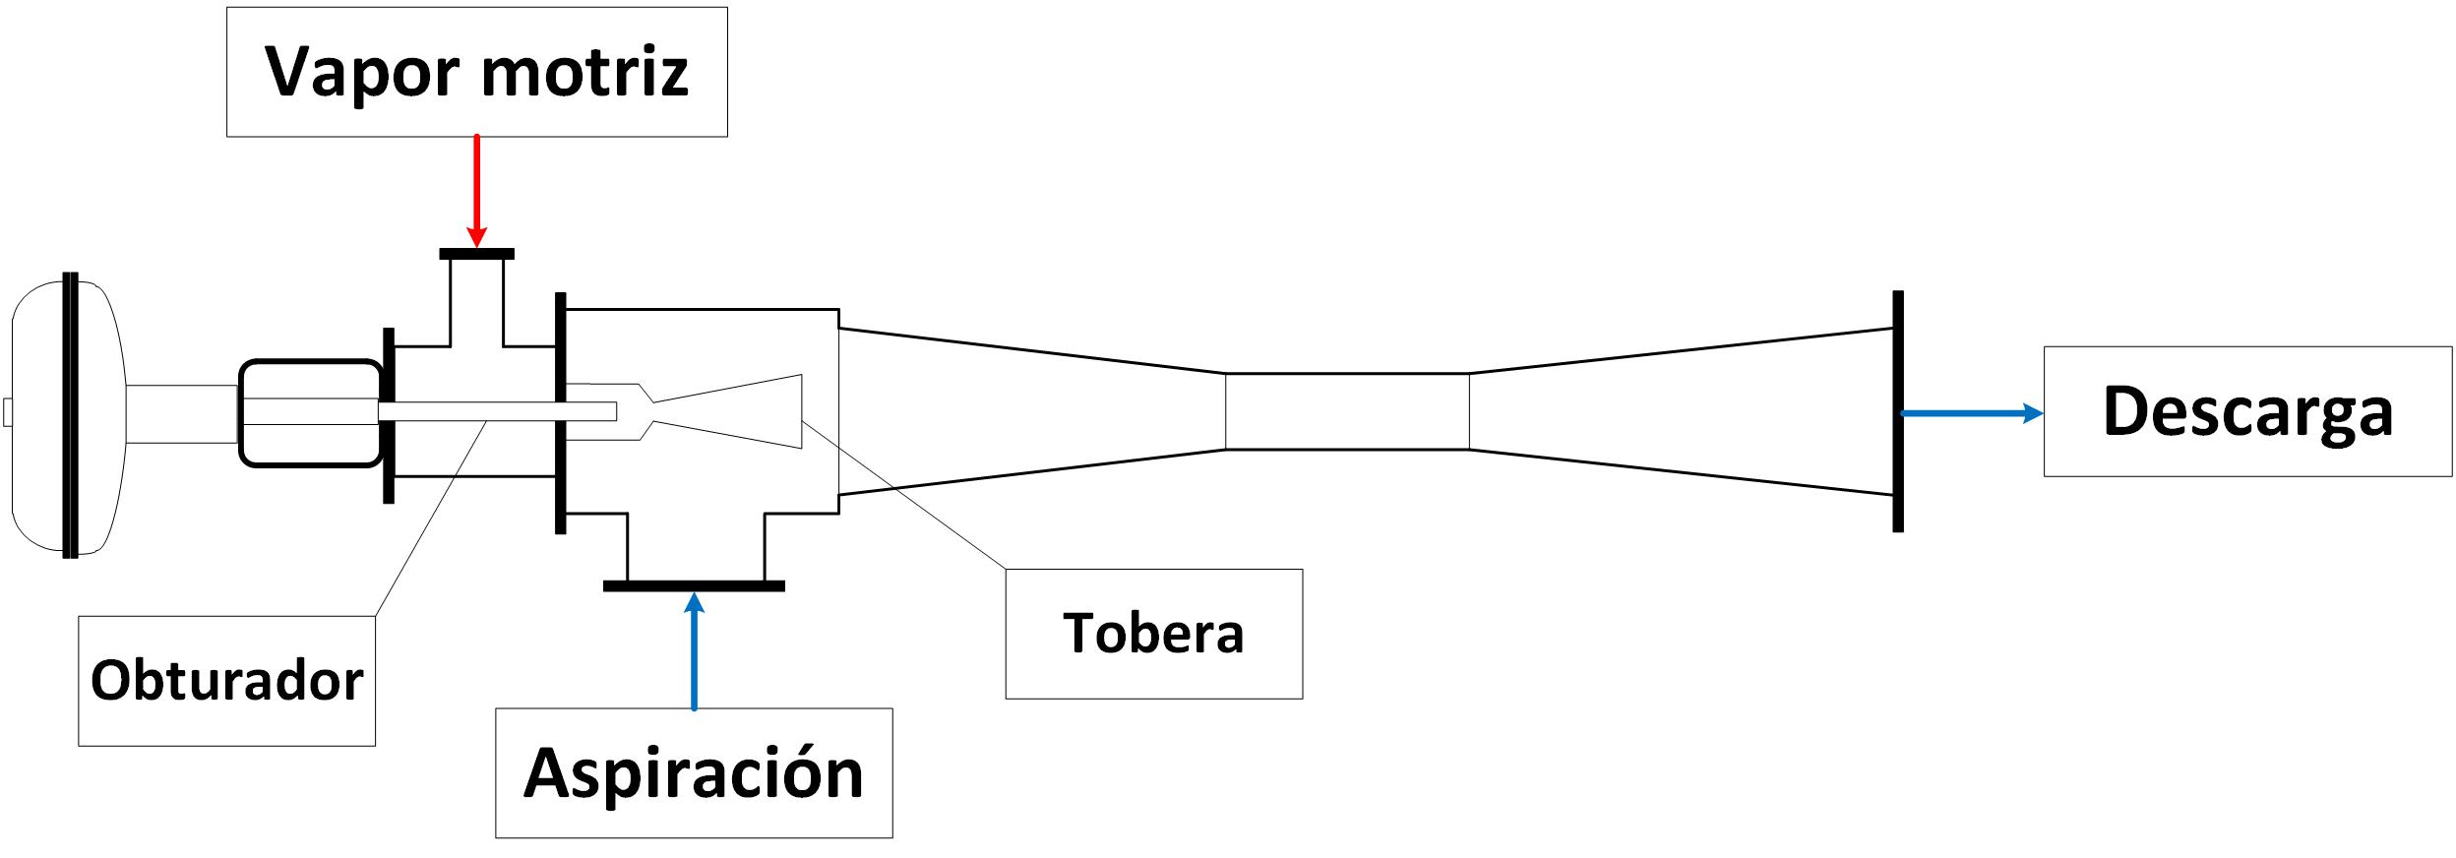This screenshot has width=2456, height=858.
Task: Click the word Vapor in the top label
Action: click(x=361, y=72)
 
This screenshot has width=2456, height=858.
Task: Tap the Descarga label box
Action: click(x=2247, y=411)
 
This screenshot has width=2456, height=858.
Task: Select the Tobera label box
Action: click(x=1153, y=634)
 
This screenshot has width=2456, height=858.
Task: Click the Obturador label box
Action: click(x=226, y=681)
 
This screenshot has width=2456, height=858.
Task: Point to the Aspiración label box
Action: click(x=694, y=772)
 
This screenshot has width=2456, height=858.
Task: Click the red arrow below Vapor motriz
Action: click(x=476, y=191)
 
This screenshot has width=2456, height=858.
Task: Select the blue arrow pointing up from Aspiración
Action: click(x=695, y=650)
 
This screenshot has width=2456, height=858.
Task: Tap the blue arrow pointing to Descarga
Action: click(x=1971, y=413)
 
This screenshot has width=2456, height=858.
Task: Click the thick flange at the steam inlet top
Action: click(x=476, y=254)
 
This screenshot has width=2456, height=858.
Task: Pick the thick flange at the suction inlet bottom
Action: click(x=694, y=586)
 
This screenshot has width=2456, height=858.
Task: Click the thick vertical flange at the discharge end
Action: click(x=1898, y=411)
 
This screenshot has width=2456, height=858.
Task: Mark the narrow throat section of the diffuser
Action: click(x=1347, y=411)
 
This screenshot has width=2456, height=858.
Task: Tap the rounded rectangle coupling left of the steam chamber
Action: click(x=310, y=413)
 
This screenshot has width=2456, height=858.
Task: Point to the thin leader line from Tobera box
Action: click(x=904, y=495)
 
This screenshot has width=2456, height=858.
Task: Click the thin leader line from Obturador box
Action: click(x=432, y=519)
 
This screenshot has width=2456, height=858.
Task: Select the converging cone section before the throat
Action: click(x=1032, y=411)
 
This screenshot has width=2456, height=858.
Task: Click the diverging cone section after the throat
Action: click(x=1681, y=411)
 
